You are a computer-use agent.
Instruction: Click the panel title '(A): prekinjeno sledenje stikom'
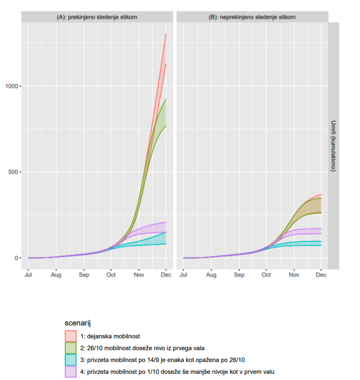[x=97, y=17]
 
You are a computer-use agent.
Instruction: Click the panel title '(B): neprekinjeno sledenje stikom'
[x=252, y=17]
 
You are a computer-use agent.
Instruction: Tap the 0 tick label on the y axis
[x=16, y=258]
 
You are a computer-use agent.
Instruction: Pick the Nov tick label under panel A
[x=138, y=275]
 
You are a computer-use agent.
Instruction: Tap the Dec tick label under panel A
[x=165, y=275]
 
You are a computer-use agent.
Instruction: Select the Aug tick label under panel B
[x=211, y=275]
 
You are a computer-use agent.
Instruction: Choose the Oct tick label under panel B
[x=266, y=275]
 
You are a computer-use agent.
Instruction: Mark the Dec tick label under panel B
[x=321, y=275]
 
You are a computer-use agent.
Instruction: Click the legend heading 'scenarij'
[x=78, y=323]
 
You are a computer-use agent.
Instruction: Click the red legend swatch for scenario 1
[x=71, y=336]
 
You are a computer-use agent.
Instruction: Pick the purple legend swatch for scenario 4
[x=71, y=371]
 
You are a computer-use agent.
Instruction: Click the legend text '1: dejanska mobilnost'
[x=110, y=336]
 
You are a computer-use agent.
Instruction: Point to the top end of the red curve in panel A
[x=165, y=34]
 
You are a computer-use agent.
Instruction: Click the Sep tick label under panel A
[x=84, y=275]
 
